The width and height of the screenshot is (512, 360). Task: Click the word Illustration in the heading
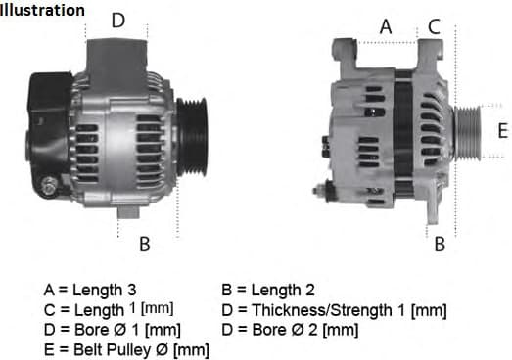(x=42, y=11)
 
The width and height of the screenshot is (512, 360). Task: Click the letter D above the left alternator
(x=117, y=20)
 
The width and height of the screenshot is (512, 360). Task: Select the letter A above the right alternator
(x=386, y=27)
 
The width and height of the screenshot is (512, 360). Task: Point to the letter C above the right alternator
(x=435, y=27)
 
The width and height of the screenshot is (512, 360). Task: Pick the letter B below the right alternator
(x=440, y=245)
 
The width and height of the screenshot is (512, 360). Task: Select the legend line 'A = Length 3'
(x=90, y=291)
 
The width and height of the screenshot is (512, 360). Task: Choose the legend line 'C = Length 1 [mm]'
(x=109, y=310)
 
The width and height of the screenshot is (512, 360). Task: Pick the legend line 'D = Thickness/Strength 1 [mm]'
(x=334, y=310)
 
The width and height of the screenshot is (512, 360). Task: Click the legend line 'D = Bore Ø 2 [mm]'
(x=291, y=330)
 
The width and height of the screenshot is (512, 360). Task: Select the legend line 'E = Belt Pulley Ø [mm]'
(x=126, y=349)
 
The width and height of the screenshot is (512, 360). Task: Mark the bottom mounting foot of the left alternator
(x=132, y=210)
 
